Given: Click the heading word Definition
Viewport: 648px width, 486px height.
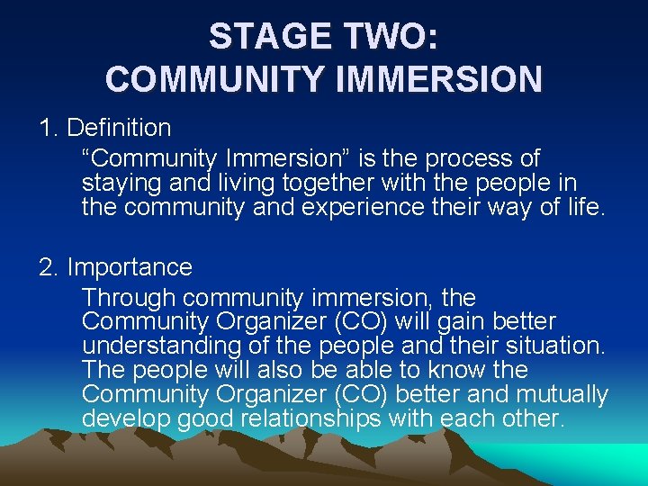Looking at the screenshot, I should (x=119, y=128).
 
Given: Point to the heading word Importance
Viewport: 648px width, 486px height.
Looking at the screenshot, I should (x=130, y=267).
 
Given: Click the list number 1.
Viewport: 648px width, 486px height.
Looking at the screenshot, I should (x=49, y=128).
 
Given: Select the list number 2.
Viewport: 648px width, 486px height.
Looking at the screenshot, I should (x=49, y=267).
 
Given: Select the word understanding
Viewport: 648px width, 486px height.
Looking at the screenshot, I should (x=160, y=346).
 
